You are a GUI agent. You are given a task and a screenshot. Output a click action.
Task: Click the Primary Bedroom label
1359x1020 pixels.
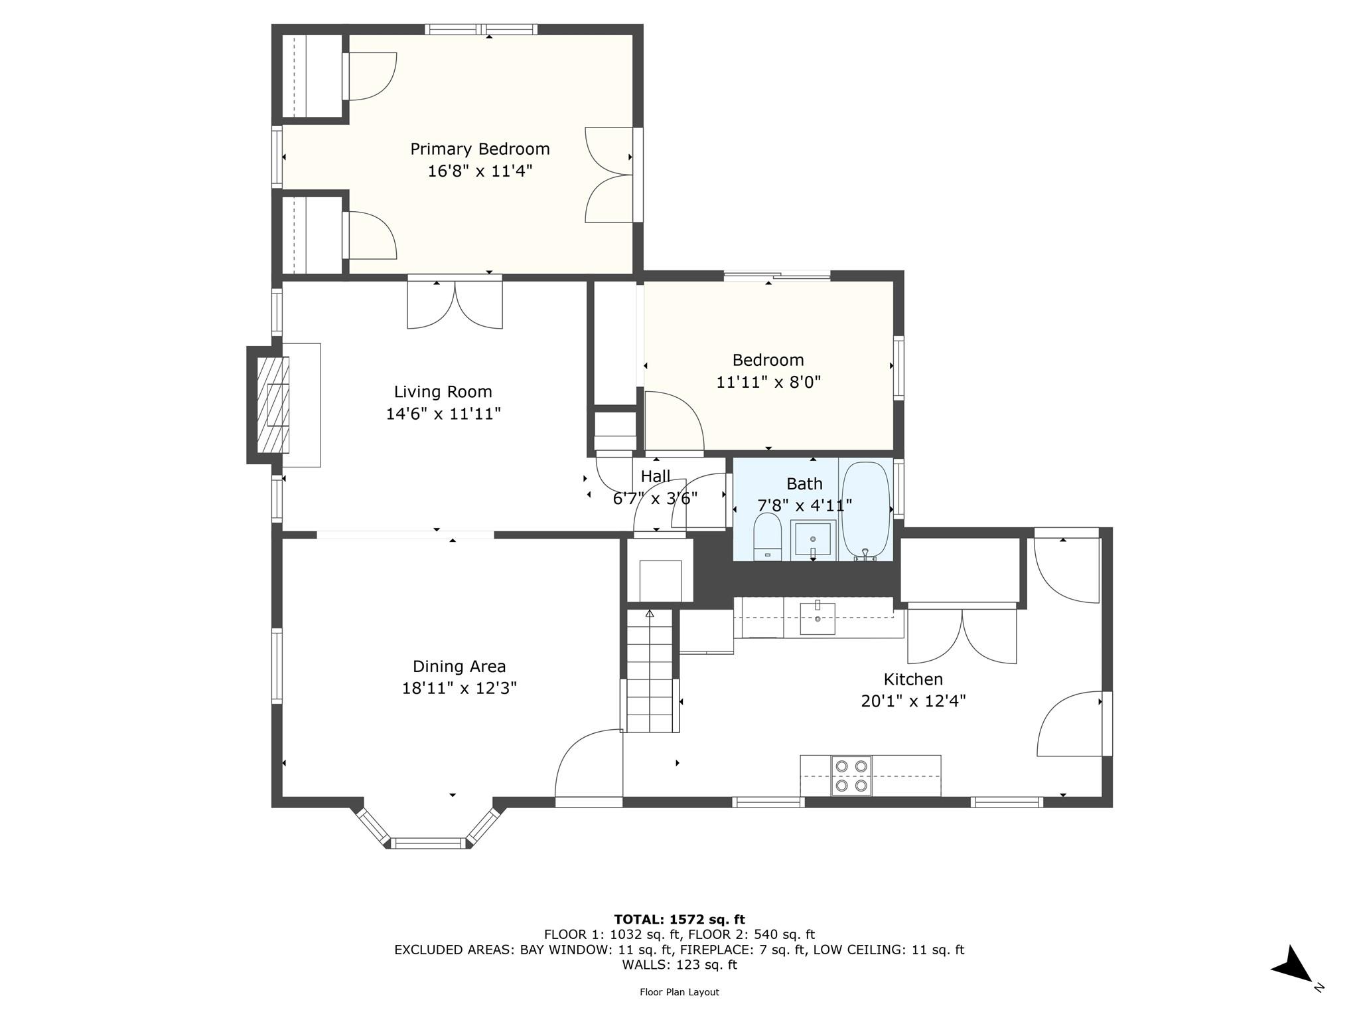pyautogui.click(x=480, y=149)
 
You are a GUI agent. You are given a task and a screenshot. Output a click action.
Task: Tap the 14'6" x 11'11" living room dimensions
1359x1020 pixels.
pyautogui.click(x=443, y=414)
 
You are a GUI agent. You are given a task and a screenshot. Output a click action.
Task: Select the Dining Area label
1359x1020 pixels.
pyautogui.click(x=459, y=666)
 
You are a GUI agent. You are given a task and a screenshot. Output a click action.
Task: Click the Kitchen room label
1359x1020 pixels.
pyautogui.click(x=913, y=679)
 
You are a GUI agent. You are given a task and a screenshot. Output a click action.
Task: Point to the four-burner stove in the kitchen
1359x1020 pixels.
pyautogui.click(x=851, y=776)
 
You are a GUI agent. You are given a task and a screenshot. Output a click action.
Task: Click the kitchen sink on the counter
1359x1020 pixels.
pyautogui.click(x=818, y=618)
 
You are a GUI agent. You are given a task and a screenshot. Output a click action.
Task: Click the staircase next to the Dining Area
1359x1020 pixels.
pyautogui.click(x=650, y=671)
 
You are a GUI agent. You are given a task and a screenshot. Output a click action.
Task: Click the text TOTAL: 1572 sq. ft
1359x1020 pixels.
pyautogui.click(x=679, y=919)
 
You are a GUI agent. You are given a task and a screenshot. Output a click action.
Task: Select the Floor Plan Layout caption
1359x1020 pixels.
pyautogui.click(x=679, y=992)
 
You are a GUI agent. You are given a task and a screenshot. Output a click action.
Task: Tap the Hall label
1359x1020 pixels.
pyautogui.click(x=655, y=476)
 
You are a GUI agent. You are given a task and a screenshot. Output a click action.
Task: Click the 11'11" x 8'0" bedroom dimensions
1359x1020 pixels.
pyautogui.click(x=768, y=382)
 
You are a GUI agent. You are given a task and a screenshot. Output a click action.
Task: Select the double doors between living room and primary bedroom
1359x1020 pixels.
pyautogui.click(x=455, y=304)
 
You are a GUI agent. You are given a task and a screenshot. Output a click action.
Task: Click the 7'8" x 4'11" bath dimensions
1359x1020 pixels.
pyautogui.click(x=804, y=506)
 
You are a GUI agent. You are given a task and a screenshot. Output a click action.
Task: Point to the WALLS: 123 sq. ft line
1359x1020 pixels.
pyautogui.click(x=679, y=965)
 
